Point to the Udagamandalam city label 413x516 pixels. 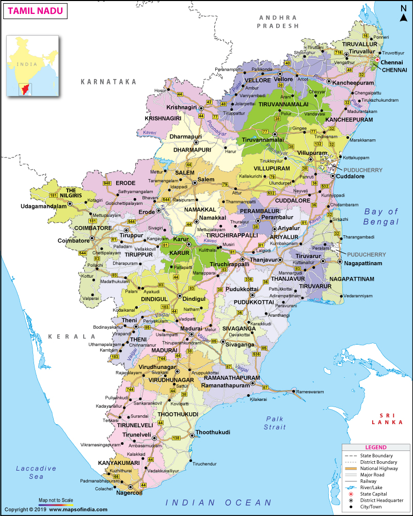pos(44,205)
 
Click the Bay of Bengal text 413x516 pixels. pos(382,216)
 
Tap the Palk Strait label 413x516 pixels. pos(275,422)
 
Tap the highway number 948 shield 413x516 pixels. pos(107,183)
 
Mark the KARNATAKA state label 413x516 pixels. pos(108,82)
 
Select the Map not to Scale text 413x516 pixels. pos(56,500)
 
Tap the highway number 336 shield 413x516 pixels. pos(249,279)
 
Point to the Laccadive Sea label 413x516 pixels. pos(36,472)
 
